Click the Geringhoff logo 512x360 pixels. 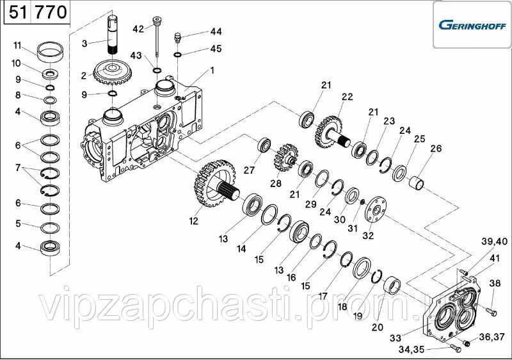(472, 25)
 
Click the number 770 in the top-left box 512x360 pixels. (51, 12)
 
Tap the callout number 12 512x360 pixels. (194, 221)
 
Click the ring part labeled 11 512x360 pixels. (52, 51)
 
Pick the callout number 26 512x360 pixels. (436, 149)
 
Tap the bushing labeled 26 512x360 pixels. (417, 183)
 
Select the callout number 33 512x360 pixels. (395, 338)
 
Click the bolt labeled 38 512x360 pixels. (492, 313)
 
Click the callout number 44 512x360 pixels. (216, 31)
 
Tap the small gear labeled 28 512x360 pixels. (286, 159)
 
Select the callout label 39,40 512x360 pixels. (494, 241)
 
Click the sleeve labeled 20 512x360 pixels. (393, 284)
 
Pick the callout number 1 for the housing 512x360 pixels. (212, 70)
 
